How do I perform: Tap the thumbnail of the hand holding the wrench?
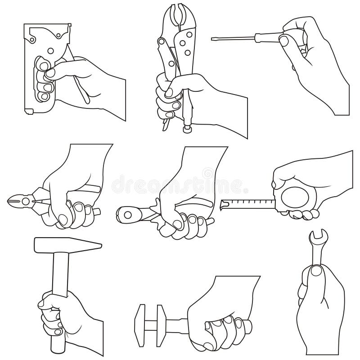(317, 270)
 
